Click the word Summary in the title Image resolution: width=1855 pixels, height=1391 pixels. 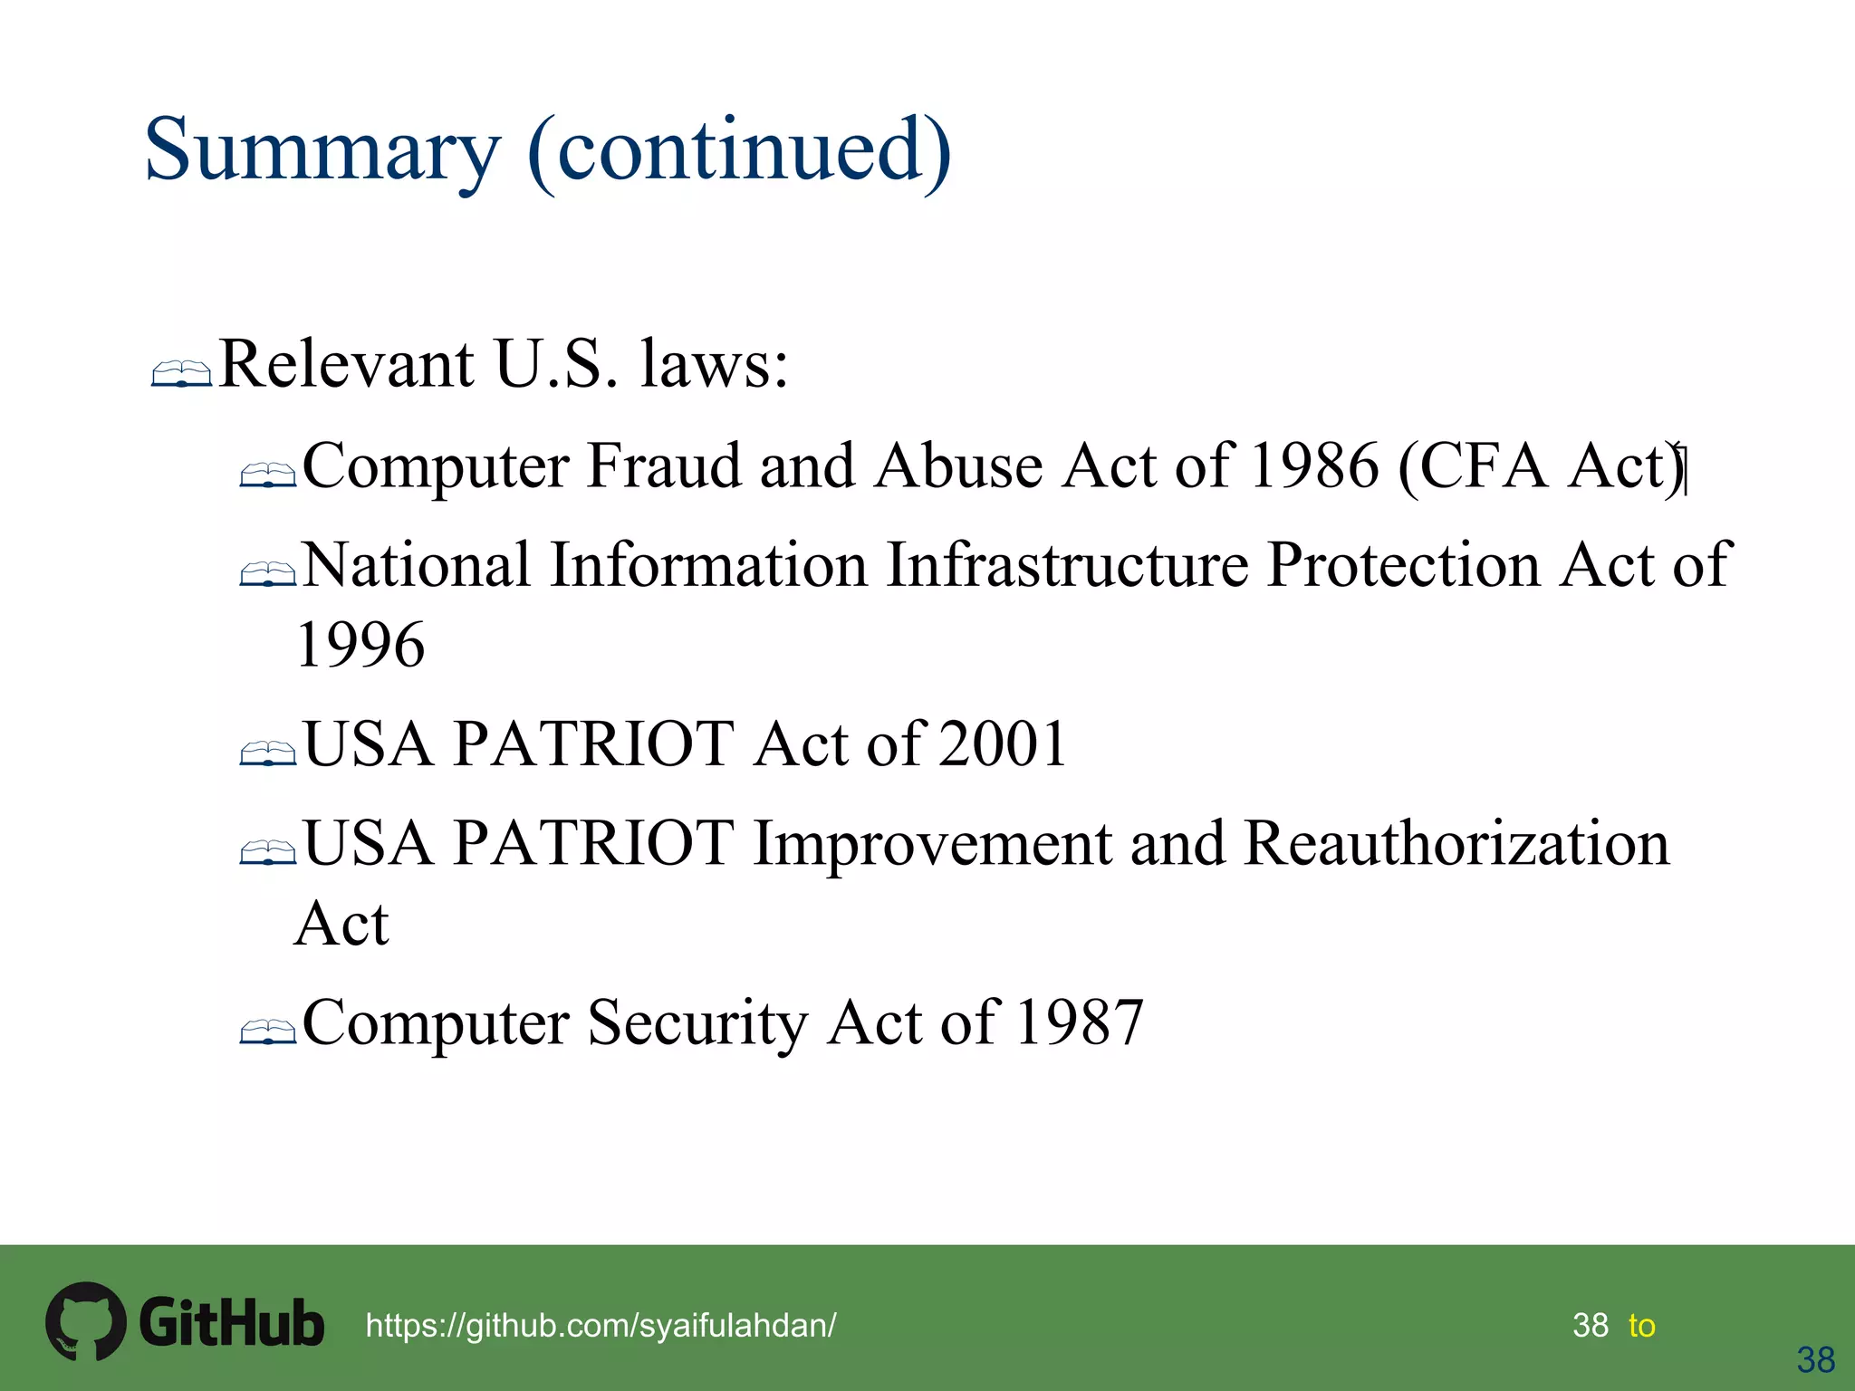coord(322,150)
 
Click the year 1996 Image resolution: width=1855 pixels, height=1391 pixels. coord(360,645)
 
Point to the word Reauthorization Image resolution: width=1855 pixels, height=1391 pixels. coord(1456,844)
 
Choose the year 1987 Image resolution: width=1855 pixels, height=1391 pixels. coord(1080,1023)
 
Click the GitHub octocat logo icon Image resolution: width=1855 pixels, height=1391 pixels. coord(85,1321)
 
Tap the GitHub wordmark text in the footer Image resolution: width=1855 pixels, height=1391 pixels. coord(232,1323)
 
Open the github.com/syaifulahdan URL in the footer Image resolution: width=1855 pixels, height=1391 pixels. coord(601,1326)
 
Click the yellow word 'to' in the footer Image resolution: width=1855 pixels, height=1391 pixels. coord(1641,1326)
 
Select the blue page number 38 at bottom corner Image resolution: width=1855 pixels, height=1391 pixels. coord(1815,1360)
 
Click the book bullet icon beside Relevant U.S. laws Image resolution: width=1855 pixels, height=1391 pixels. coord(181,373)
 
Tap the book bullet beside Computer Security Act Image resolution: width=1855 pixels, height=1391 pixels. coord(268,1031)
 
